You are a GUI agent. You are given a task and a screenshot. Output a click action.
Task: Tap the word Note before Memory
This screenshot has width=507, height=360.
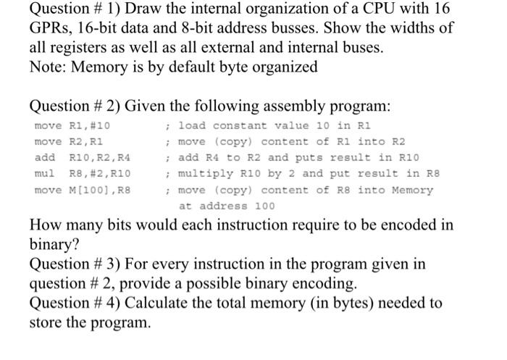tap(47, 67)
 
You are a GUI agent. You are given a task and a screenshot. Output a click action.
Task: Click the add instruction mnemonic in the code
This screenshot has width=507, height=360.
tap(43, 157)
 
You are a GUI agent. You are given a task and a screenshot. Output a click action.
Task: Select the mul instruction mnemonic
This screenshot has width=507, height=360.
tap(43, 174)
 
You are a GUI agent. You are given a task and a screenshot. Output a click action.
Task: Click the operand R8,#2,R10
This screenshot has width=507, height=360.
tap(101, 174)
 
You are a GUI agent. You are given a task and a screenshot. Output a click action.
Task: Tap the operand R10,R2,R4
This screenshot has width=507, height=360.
tap(101, 157)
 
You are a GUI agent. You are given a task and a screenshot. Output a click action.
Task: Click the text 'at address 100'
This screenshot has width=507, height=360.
tap(226, 206)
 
